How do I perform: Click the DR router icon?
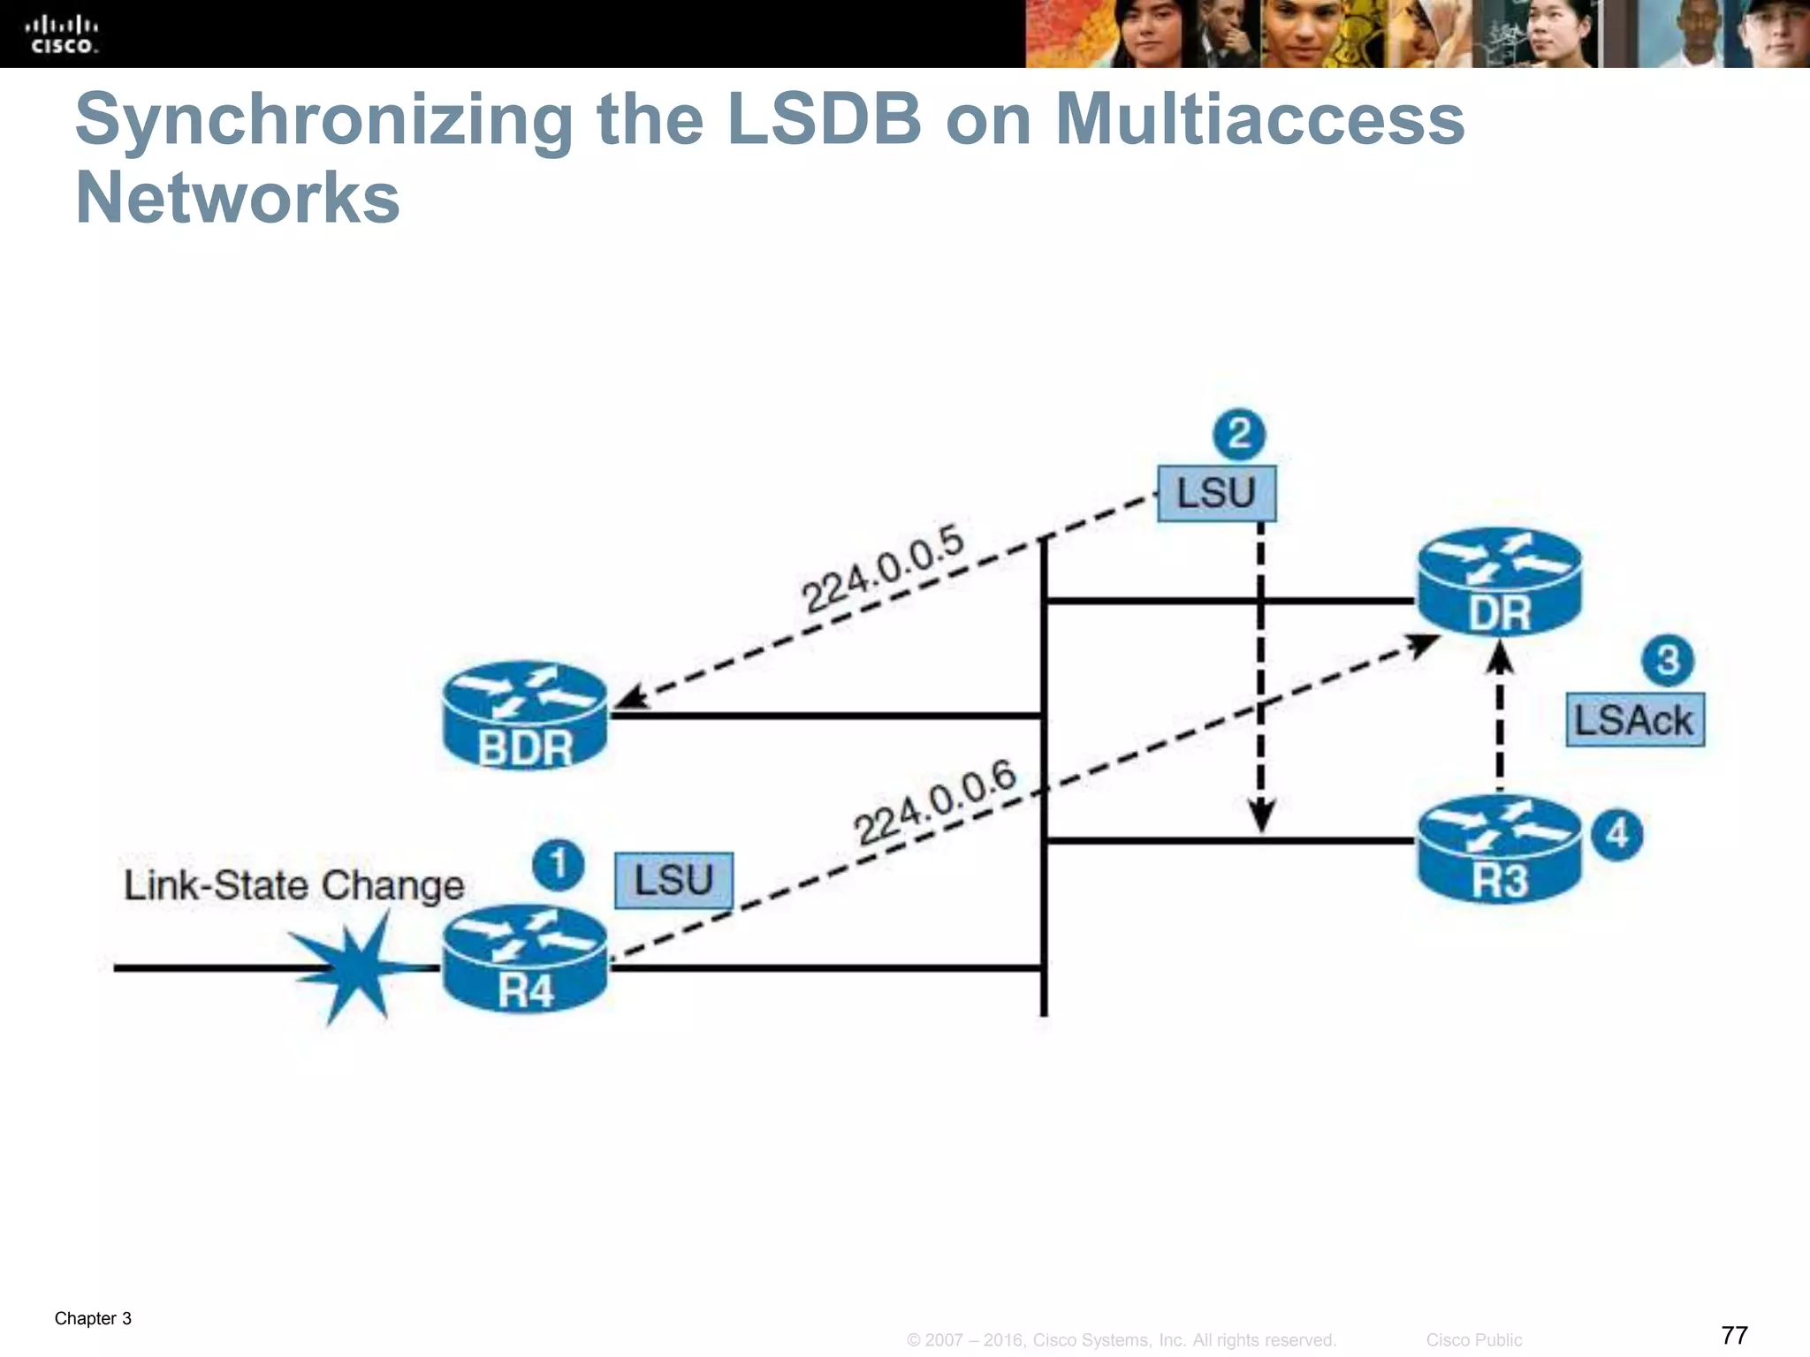(x=1499, y=582)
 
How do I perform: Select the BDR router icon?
(x=525, y=716)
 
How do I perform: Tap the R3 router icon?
(x=1499, y=850)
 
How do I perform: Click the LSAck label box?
(x=1634, y=720)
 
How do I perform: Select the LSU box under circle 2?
(x=1216, y=493)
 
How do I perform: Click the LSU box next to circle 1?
(x=673, y=880)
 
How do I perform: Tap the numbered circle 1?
(x=558, y=864)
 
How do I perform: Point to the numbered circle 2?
(x=1239, y=434)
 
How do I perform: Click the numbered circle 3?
(x=1667, y=660)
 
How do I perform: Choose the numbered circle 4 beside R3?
(x=1616, y=834)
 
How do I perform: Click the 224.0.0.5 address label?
(x=882, y=568)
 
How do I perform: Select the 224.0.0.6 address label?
(x=935, y=803)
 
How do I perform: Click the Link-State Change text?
(x=293, y=885)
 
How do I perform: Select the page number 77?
(x=1734, y=1334)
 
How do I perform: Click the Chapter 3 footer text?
(x=93, y=1318)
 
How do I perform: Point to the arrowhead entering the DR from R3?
(x=1500, y=658)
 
